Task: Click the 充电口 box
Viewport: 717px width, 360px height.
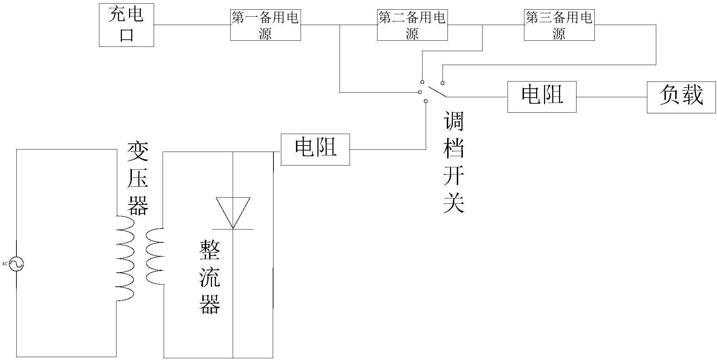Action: [126, 25]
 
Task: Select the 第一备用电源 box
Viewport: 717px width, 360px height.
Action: [265, 25]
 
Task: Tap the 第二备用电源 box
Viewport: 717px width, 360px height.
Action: [412, 25]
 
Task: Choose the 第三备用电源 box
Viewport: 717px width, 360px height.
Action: [559, 25]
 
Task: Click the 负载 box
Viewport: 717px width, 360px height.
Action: [681, 97]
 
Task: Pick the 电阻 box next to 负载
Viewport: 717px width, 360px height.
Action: [542, 97]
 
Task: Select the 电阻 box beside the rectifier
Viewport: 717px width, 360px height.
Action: [315, 149]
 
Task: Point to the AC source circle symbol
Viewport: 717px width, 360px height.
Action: [16, 264]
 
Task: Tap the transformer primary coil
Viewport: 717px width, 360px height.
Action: [126, 258]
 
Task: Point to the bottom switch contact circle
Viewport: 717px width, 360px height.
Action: [425, 102]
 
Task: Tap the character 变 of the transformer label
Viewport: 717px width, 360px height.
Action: [138, 152]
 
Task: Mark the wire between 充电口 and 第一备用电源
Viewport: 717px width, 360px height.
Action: [192, 25]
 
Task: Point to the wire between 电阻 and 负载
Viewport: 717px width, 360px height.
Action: [611, 97]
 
